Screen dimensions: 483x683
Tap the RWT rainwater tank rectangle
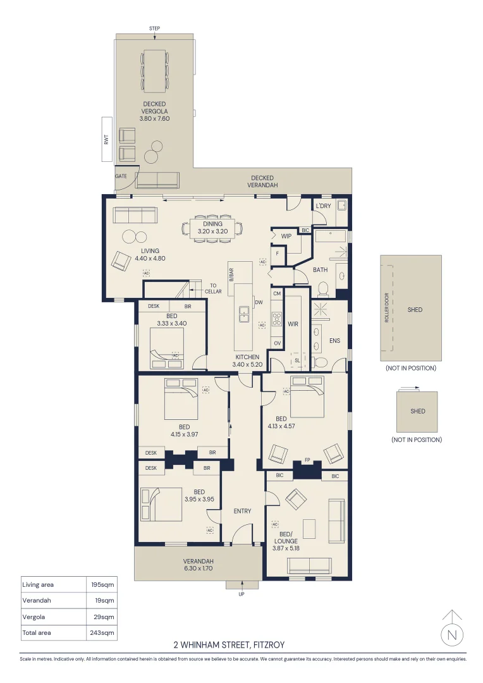pyautogui.click(x=107, y=139)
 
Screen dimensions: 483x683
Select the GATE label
pyautogui.click(x=121, y=176)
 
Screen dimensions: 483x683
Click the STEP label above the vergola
pyautogui.click(x=155, y=28)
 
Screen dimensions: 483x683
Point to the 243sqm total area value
pyautogui.click(x=102, y=632)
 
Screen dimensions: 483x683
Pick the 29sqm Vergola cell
pyautogui.click(x=104, y=617)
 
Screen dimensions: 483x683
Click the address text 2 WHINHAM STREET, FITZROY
pyautogui.click(x=229, y=644)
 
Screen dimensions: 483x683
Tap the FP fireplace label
pyautogui.click(x=307, y=460)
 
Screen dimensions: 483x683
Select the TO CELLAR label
pyautogui.click(x=214, y=288)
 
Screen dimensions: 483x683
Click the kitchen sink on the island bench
pyautogui.click(x=244, y=314)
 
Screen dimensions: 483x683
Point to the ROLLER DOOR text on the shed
pyautogui.click(x=386, y=308)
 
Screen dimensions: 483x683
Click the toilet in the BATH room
pyautogui.click(x=322, y=288)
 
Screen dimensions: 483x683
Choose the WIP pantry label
pyautogui.click(x=286, y=236)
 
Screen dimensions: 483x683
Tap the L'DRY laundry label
pyautogui.click(x=323, y=206)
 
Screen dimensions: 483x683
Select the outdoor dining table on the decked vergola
pyautogui.click(x=155, y=71)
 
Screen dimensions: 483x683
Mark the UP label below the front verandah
pyautogui.click(x=241, y=594)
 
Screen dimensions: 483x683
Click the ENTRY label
pyautogui.click(x=242, y=511)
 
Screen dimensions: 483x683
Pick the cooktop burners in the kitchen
pyautogui.click(x=277, y=319)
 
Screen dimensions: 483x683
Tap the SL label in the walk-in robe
pyautogui.click(x=298, y=360)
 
